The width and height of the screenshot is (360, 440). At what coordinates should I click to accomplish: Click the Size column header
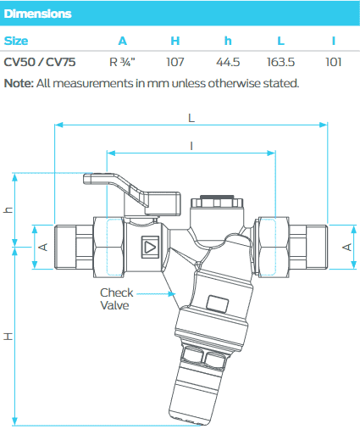(x=18, y=40)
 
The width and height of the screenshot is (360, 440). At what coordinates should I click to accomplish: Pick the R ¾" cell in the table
(x=123, y=61)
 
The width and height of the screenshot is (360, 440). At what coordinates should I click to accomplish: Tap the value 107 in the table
(x=175, y=61)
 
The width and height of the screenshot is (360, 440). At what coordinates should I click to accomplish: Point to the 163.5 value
(x=282, y=61)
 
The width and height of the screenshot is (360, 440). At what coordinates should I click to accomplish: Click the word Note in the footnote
(x=18, y=83)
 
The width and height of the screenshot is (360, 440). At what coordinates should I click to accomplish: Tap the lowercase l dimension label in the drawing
(x=191, y=146)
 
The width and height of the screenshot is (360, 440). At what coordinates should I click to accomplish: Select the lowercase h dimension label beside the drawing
(x=8, y=211)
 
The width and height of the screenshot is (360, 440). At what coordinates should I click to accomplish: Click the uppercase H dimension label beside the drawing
(x=8, y=337)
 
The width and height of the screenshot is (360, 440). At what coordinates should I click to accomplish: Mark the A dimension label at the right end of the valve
(x=346, y=247)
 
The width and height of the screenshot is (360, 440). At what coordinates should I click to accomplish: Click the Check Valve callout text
(x=117, y=298)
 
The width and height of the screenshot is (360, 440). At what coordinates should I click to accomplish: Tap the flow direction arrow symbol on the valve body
(x=150, y=248)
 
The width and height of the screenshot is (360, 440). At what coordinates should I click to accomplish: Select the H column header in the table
(x=175, y=40)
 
